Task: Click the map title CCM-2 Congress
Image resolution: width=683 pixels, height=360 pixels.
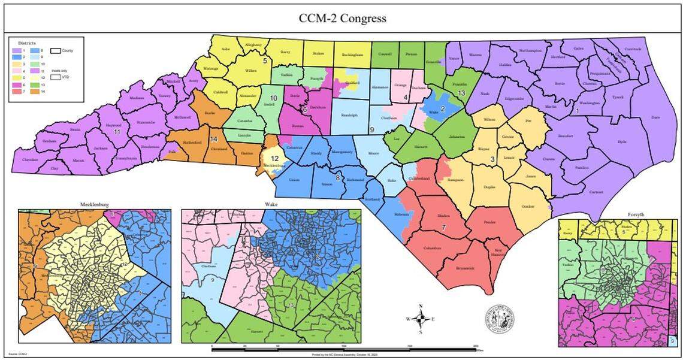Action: click(x=342, y=18)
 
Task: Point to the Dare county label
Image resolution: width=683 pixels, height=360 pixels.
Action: click(x=655, y=118)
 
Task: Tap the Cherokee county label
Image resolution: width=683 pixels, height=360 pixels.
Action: click(x=30, y=160)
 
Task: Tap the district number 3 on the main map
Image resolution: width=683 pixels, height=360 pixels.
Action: click(x=492, y=159)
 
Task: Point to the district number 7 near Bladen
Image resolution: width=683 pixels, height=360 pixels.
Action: click(x=443, y=227)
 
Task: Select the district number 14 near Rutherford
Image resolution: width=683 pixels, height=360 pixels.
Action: click(x=213, y=139)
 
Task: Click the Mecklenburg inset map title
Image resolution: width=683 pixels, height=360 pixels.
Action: click(x=95, y=205)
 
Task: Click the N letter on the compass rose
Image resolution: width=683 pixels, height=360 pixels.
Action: click(x=421, y=306)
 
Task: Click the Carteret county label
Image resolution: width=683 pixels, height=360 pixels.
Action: click(x=595, y=192)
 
